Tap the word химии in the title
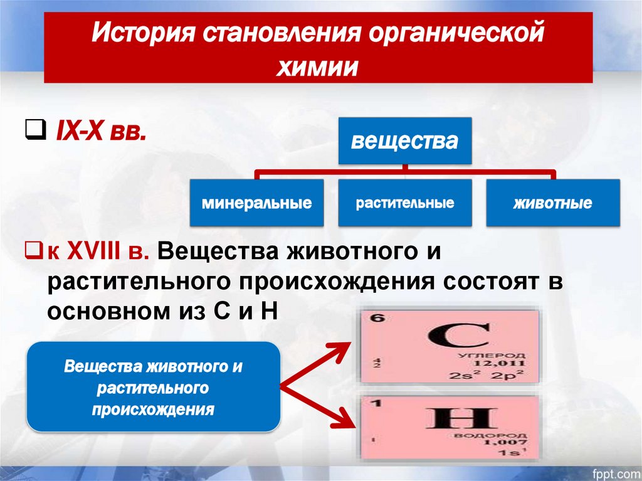(318, 67)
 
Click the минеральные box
(257, 203)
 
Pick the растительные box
(405, 203)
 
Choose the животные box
(553, 203)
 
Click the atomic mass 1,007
(507, 443)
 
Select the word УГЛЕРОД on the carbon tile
(498, 355)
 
